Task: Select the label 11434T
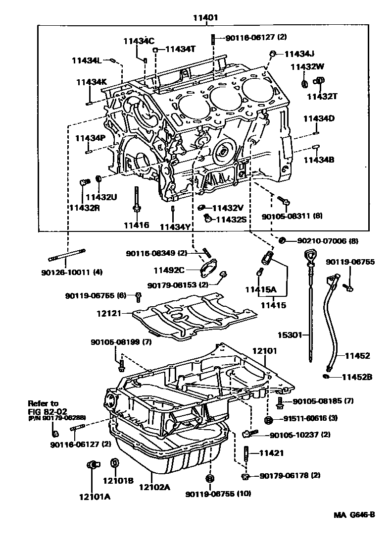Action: click(181, 49)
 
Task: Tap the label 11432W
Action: click(307, 66)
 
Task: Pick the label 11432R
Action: click(84, 208)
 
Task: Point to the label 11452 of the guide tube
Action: click(357, 355)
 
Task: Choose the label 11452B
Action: click(357, 377)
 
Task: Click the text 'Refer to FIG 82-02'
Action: click(43, 407)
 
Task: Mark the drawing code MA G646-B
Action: click(354, 514)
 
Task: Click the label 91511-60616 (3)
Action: click(311, 419)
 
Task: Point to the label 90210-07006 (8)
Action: click(327, 240)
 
